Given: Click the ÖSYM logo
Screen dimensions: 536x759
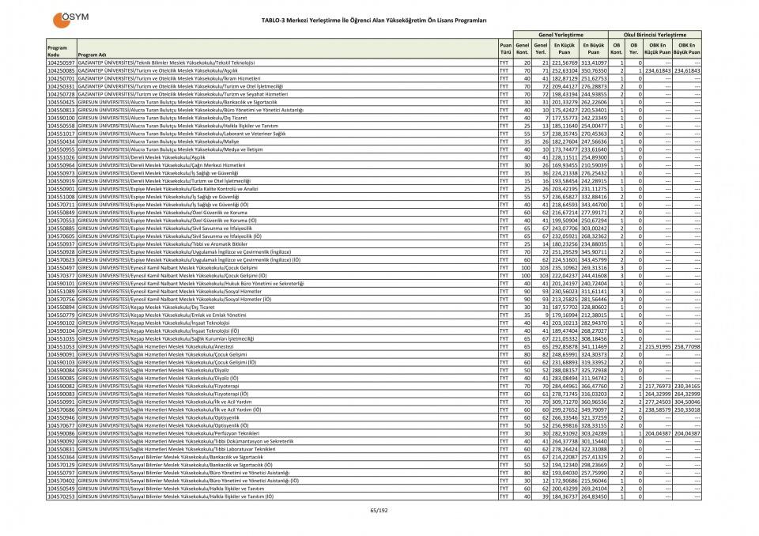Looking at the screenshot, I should click(71, 19).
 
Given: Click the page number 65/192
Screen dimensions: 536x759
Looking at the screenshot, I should click(379, 510).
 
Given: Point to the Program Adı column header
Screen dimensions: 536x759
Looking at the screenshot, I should click(92, 55).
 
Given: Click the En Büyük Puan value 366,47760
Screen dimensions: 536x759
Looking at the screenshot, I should click(594, 386).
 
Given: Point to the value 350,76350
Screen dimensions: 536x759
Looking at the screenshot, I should click(594, 70).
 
